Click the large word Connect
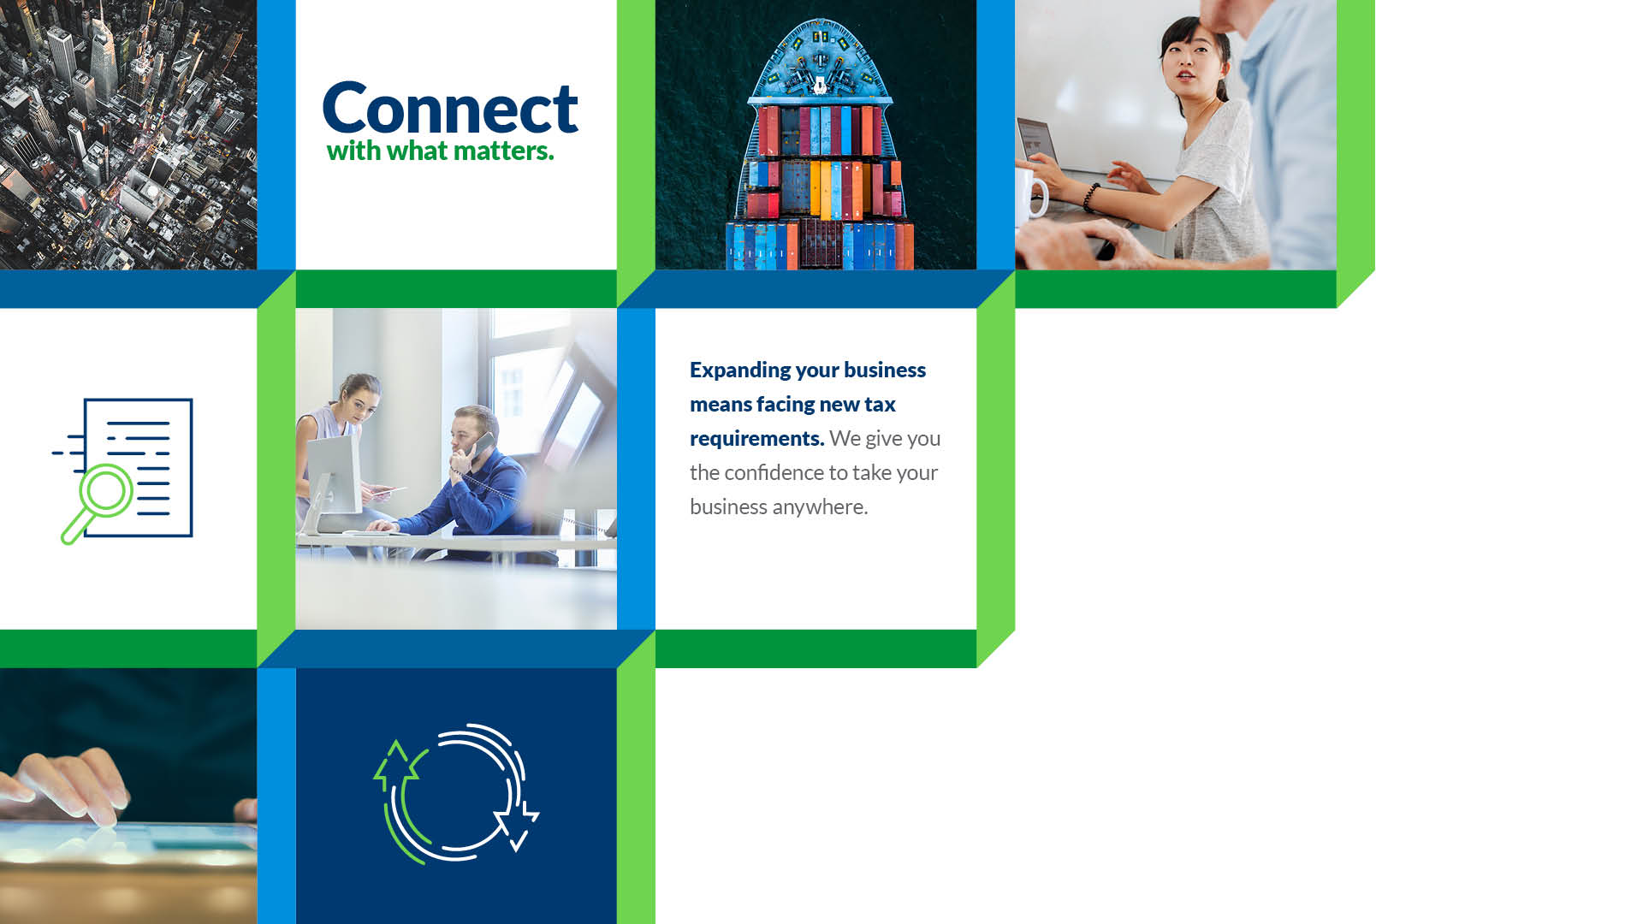click(450, 108)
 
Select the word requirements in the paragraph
click(756, 439)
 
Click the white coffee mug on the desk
click(1030, 192)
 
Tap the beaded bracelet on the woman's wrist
click(1090, 197)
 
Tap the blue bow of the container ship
click(820, 60)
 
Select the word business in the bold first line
click(884, 370)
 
